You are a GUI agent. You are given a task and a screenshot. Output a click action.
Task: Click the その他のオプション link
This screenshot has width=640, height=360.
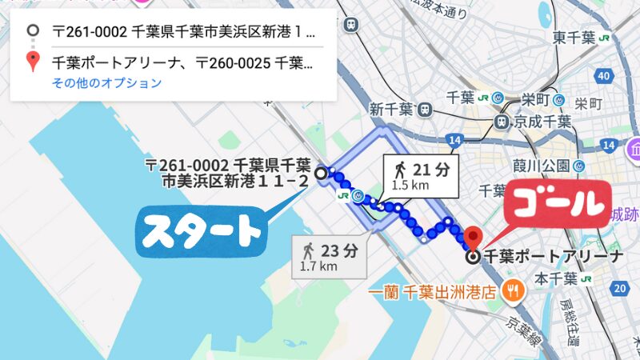pyautogui.click(x=107, y=83)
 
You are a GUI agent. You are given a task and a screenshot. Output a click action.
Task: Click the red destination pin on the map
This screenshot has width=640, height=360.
pyautogui.click(x=473, y=238)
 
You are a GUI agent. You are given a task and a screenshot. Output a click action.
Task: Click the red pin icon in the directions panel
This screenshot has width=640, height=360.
pyautogui.click(x=33, y=61)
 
